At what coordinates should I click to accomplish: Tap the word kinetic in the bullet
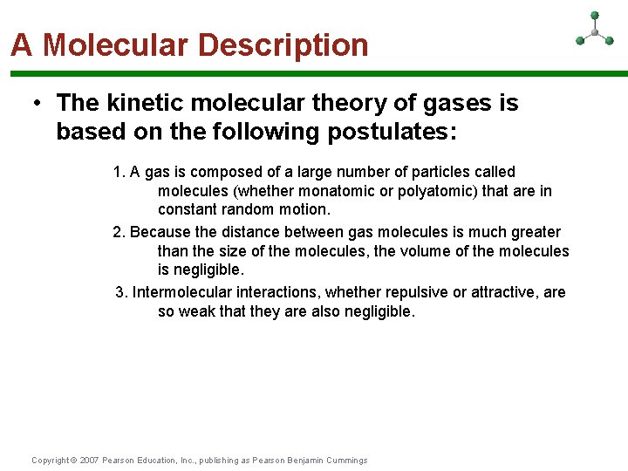click(147, 103)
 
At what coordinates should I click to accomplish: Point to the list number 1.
click(118, 172)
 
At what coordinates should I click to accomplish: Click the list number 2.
click(118, 232)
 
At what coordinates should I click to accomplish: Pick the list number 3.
click(120, 292)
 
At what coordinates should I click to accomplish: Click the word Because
click(158, 232)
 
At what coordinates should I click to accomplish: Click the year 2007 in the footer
click(89, 461)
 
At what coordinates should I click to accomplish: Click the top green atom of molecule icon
click(595, 15)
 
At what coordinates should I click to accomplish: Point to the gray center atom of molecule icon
click(595, 32)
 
